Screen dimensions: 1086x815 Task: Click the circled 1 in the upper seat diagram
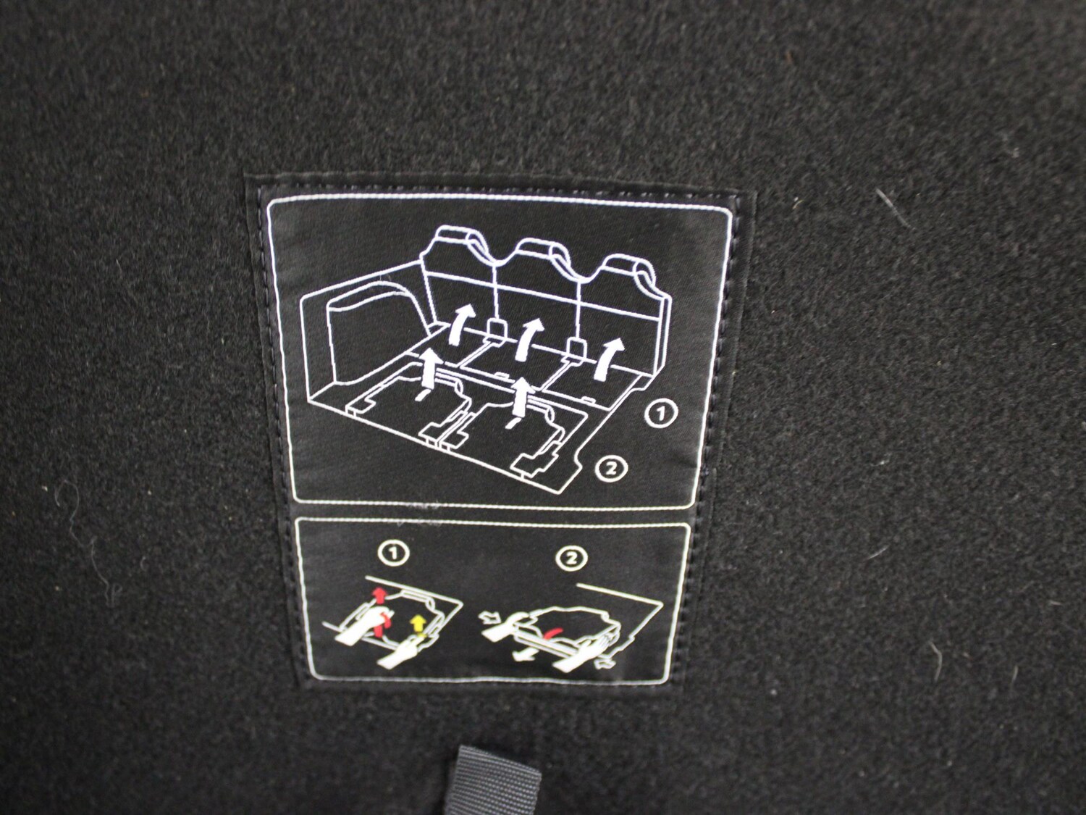[660, 414]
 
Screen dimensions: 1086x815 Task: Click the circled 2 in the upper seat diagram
[611, 467]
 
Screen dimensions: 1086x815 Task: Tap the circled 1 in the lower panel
[394, 553]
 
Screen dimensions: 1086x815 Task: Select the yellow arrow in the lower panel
[418, 624]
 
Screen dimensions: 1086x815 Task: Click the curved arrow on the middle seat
[528, 338]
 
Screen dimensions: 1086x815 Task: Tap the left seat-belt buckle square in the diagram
[496, 327]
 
